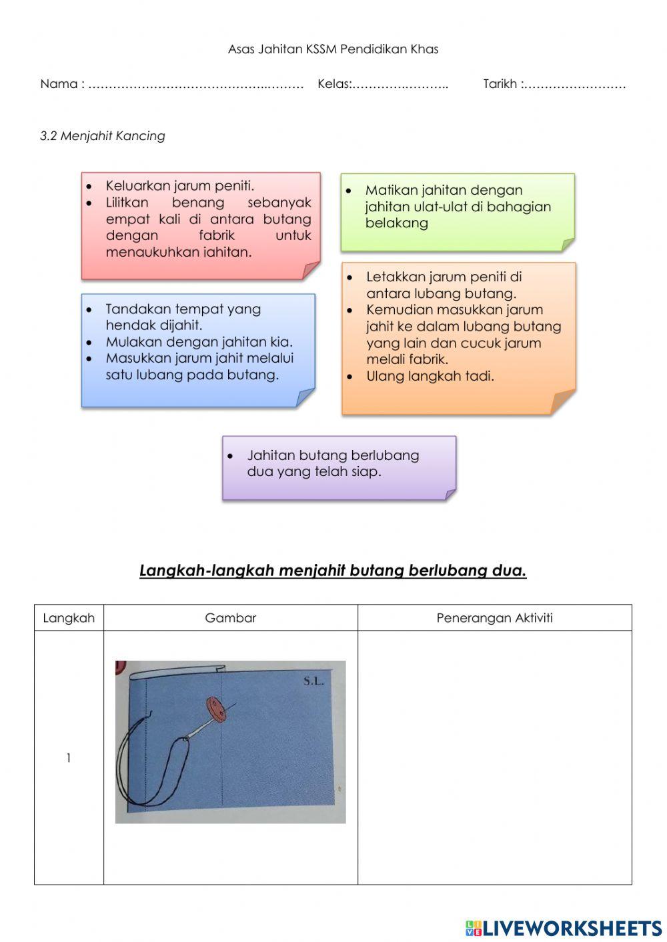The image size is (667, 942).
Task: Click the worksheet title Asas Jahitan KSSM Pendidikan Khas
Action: tap(333, 49)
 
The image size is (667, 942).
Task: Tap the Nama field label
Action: tap(61, 84)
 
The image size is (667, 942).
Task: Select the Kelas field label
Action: tap(333, 84)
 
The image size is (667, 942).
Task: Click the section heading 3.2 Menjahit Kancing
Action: tap(103, 136)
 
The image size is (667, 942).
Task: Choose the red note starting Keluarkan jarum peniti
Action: tap(200, 225)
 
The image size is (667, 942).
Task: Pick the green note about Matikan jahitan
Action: tap(457, 212)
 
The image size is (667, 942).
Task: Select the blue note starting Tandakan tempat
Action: tap(198, 349)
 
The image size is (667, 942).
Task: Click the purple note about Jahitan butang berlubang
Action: tap(339, 467)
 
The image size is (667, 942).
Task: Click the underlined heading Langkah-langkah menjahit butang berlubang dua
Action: tap(333, 571)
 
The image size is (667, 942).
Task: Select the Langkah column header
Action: tap(69, 618)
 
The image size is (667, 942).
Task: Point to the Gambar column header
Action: tap(230, 618)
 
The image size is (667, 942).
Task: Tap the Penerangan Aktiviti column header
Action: tap(494, 618)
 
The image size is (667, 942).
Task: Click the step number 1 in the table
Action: tap(68, 758)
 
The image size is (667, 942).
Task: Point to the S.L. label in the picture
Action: tap(313, 681)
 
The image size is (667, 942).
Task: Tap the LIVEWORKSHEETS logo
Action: tap(564, 927)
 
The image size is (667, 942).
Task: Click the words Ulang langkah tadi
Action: tap(430, 376)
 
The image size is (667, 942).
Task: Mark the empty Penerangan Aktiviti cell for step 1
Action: tap(494, 758)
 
